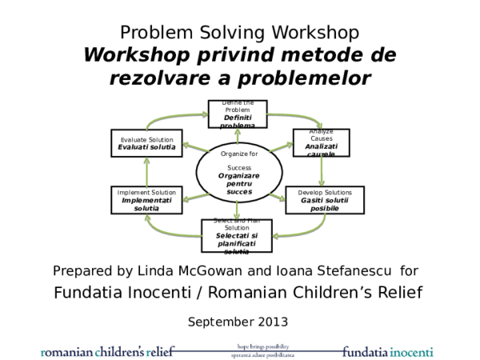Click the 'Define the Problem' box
pyautogui.click(x=238, y=114)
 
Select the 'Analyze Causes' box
pyautogui.click(x=321, y=142)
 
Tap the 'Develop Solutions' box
pyautogui.click(x=324, y=200)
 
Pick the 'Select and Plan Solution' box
pyautogui.click(x=236, y=235)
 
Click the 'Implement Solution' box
pyautogui.click(x=146, y=200)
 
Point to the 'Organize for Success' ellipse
pyautogui.click(x=238, y=172)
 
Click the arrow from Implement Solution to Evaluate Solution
pyautogui.click(x=146, y=171)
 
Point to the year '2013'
pyautogui.click(x=272, y=322)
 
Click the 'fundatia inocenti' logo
pyautogui.click(x=388, y=351)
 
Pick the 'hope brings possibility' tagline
pyautogui.click(x=256, y=347)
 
